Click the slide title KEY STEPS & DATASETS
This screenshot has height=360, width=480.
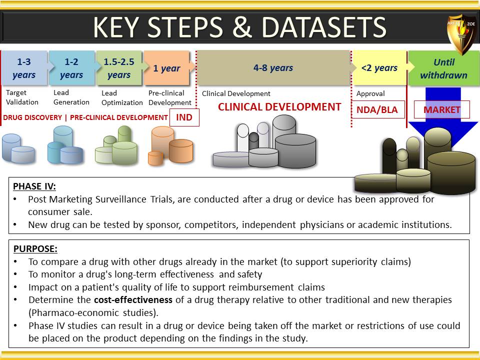[x=239, y=27]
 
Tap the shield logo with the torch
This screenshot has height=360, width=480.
[x=462, y=33]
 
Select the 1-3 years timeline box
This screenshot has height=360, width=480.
[x=24, y=68]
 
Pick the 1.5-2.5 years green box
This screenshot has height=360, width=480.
[x=119, y=68]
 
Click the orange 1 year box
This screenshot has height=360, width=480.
[x=167, y=68]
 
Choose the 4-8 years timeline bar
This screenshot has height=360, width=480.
[x=273, y=67]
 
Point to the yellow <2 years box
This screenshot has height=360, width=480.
[x=379, y=67]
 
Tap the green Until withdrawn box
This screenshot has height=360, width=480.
[x=444, y=68]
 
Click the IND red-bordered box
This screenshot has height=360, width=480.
[x=184, y=117]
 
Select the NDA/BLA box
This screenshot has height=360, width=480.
[x=377, y=109]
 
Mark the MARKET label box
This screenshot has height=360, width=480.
[x=441, y=109]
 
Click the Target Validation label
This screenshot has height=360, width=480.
[x=22, y=97]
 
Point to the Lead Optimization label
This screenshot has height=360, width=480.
[x=122, y=97]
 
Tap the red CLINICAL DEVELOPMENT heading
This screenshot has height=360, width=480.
[x=279, y=107]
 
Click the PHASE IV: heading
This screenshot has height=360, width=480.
[x=34, y=186]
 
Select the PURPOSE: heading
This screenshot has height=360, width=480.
[x=35, y=248]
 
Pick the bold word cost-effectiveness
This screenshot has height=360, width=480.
[x=133, y=299]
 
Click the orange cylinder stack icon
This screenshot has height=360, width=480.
[x=170, y=145]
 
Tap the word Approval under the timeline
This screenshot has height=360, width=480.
[x=370, y=93]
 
